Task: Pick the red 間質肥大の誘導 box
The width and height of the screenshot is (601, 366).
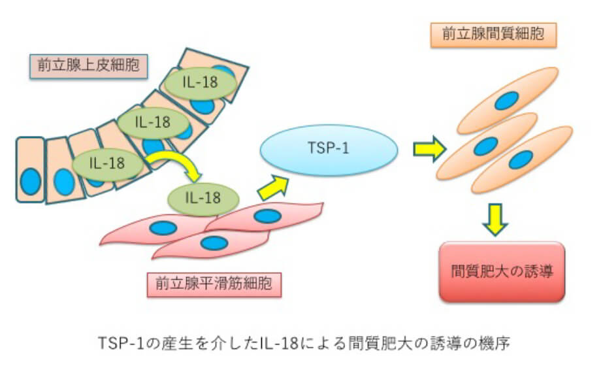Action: (x=502, y=271)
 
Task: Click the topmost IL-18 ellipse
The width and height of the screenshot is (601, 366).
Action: (x=200, y=82)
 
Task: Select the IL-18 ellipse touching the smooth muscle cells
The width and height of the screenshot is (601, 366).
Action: (x=203, y=195)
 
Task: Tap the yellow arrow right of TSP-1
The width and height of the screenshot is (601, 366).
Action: (x=429, y=150)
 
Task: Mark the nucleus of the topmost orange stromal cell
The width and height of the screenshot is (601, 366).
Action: (x=506, y=100)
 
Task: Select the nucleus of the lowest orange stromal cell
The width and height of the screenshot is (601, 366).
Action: (x=521, y=159)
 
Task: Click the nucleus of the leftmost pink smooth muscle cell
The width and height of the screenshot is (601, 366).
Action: (x=163, y=228)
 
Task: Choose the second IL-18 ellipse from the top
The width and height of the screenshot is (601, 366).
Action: (x=152, y=122)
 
